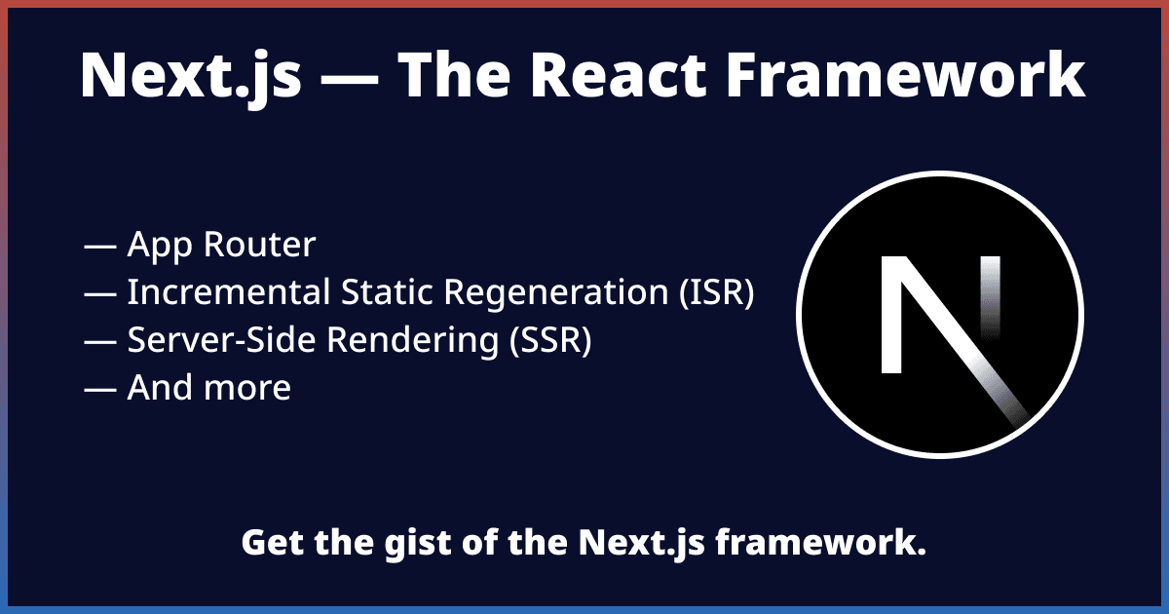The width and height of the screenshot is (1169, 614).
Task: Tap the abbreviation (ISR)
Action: [x=715, y=293]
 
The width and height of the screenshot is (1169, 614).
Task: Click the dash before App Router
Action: [x=100, y=247]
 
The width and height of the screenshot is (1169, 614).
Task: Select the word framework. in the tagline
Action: [x=820, y=543]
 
